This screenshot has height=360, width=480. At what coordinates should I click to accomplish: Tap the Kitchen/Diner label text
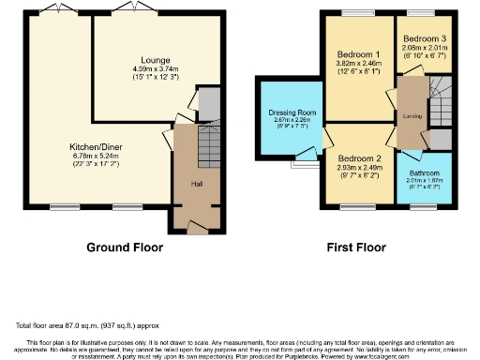(93, 147)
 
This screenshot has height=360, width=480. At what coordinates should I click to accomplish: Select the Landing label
(412, 117)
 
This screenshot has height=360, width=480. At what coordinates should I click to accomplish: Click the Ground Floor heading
(125, 248)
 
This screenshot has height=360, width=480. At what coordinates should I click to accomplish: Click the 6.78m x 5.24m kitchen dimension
(93, 157)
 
